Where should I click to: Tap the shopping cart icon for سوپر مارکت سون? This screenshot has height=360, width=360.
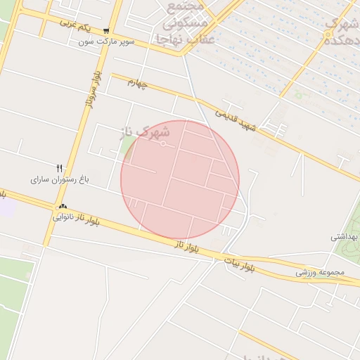coord(105,31)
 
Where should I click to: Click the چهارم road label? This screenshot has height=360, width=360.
coord(139,84)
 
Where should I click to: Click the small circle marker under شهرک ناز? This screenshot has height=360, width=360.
coord(163,143)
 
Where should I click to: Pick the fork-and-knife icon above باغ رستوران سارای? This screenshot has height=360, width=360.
coord(60,168)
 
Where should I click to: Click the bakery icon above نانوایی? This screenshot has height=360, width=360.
coord(63,207)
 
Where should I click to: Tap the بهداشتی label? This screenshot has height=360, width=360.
coord(345,237)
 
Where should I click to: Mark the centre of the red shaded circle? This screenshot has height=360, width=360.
coord(180,179)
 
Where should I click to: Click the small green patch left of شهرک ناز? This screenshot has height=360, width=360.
coord(127,148)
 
